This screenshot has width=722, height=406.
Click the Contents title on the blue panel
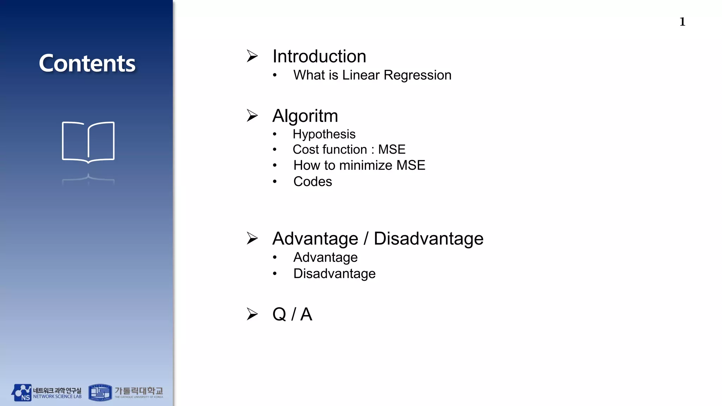(87, 63)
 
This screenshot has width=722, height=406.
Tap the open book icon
(88, 142)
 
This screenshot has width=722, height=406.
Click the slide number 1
(683, 22)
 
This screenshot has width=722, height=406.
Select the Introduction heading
(319, 56)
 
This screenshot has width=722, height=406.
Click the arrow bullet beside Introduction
(252, 56)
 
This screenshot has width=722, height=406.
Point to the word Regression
(417, 75)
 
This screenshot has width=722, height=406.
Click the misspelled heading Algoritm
(305, 116)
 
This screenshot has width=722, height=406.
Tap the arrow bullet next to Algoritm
(252, 116)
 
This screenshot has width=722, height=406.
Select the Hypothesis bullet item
(324, 134)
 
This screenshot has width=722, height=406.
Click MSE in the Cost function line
(392, 149)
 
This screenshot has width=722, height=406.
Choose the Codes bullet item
(313, 182)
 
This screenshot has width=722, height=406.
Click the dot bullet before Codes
(275, 182)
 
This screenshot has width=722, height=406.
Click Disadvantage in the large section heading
(428, 239)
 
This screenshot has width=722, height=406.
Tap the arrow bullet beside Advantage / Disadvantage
(252, 238)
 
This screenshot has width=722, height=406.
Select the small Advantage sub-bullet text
(325, 257)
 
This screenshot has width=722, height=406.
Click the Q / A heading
(292, 314)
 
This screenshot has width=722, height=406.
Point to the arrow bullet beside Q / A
(252, 314)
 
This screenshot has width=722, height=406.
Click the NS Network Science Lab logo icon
(22, 393)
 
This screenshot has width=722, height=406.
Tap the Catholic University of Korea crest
(100, 393)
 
